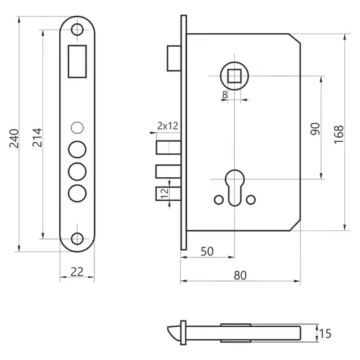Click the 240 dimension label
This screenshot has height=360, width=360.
14,138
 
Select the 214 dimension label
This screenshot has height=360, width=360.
37,138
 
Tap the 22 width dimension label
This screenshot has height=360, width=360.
77,271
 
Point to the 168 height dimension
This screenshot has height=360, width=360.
338,135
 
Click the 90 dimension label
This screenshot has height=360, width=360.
315,129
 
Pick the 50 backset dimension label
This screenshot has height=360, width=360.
207,251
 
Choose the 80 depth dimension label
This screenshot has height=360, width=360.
240,276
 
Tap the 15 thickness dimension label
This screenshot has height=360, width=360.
325,334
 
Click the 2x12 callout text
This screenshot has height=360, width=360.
168,126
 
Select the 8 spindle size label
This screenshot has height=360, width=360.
225,95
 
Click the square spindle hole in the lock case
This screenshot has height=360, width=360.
234,76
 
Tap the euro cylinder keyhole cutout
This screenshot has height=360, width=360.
235,188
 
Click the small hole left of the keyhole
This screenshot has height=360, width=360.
219,199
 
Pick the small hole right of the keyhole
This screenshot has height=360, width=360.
251,199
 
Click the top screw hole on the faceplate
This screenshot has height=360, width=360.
77,30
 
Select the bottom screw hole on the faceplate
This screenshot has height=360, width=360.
77,239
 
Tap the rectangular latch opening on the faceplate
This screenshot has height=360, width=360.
77,61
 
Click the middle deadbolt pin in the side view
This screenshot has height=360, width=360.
168,171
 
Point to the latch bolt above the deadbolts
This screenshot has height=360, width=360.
174,58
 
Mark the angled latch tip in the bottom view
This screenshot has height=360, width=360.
174,333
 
